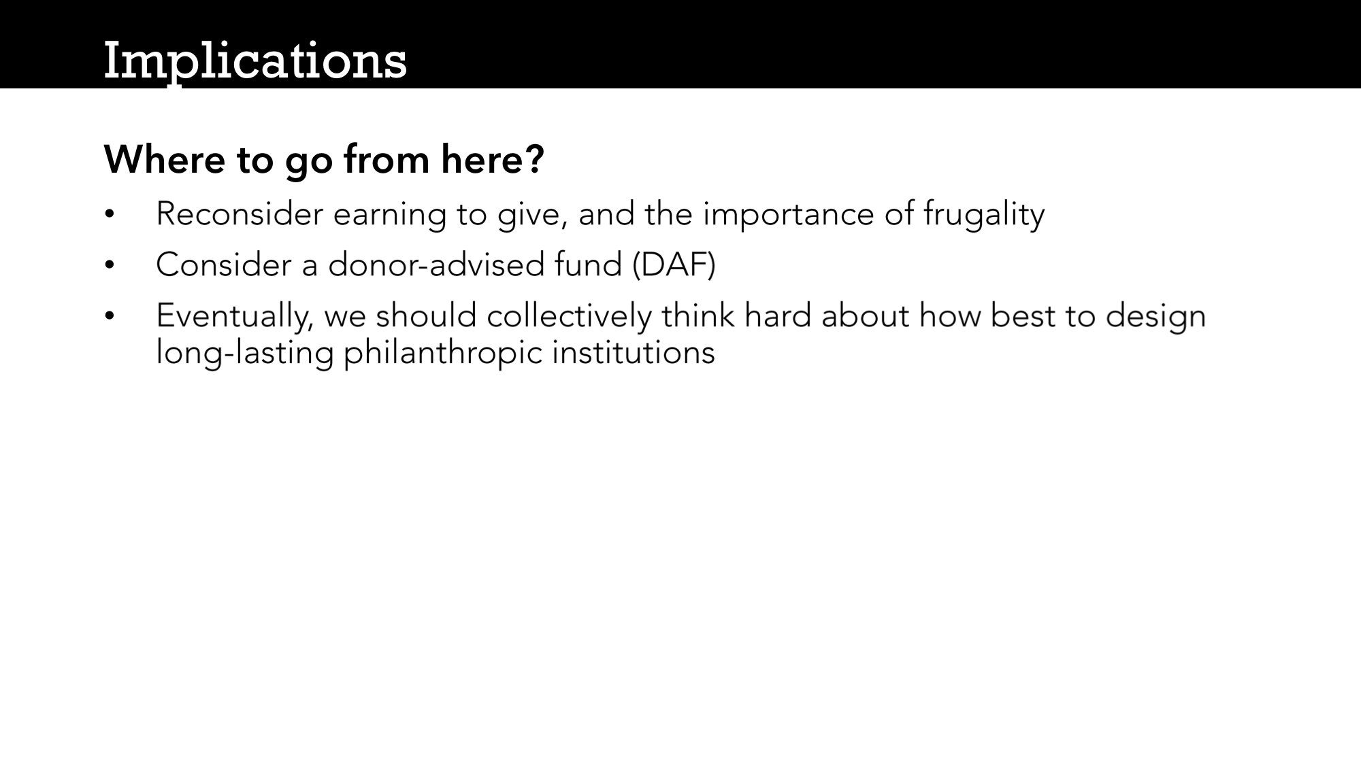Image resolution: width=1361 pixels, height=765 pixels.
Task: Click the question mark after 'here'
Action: [x=535, y=159]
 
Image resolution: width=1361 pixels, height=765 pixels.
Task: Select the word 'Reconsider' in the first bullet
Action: [x=240, y=214]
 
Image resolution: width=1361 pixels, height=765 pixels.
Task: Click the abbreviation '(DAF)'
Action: [x=674, y=265]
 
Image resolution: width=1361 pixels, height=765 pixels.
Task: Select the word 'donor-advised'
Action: [x=436, y=265]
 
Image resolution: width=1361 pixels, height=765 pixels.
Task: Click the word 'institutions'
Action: [x=634, y=353]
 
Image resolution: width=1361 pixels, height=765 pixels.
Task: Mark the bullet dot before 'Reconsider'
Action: [x=109, y=215]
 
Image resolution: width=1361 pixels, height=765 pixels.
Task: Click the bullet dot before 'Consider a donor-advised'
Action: [x=109, y=265]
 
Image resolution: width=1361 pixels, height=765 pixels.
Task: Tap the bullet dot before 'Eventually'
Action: [x=109, y=316]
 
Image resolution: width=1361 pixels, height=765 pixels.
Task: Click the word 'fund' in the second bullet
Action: [x=588, y=265]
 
